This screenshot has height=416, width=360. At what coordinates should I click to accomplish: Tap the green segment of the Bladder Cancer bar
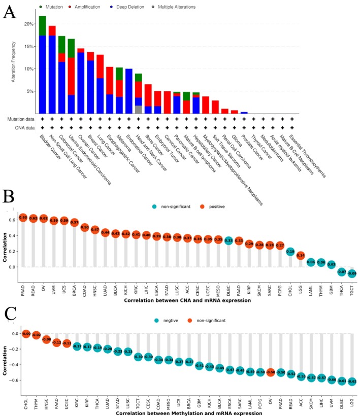[x=43, y=26]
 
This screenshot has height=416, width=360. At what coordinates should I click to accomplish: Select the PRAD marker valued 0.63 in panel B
[x=22, y=218]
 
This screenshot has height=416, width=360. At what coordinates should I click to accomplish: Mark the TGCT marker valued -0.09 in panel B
[x=352, y=274]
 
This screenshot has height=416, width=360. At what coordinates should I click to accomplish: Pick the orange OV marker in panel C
[x=270, y=372]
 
